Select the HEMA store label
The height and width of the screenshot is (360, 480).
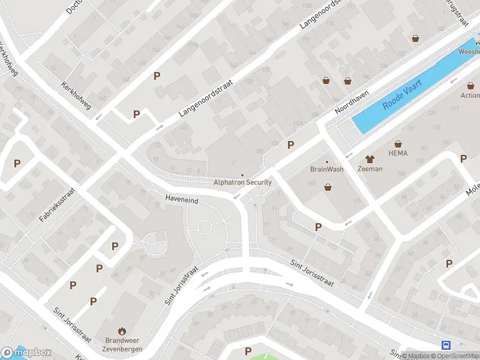tap(398, 153)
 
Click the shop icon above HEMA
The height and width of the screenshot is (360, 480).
tap(398, 143)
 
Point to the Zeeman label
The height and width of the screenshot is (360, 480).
tap(370, 169)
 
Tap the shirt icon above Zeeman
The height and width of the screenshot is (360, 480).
tap(370, 159)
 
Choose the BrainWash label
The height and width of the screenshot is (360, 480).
tap(327, 169)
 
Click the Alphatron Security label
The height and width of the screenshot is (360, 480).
tap(242, 182)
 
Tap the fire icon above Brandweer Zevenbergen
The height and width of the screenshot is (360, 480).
tap(122, 330)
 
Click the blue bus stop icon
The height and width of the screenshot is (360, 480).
tap(446, 345)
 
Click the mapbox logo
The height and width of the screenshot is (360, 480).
tap(26, 352)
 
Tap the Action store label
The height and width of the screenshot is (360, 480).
tap(470, 95)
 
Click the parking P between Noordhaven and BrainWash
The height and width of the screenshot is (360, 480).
tap(291, 145)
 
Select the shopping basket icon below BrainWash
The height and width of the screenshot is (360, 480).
tap(328, 187)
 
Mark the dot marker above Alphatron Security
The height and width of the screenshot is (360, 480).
tap(242, 175)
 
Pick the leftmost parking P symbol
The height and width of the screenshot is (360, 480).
tap(17, 163)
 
